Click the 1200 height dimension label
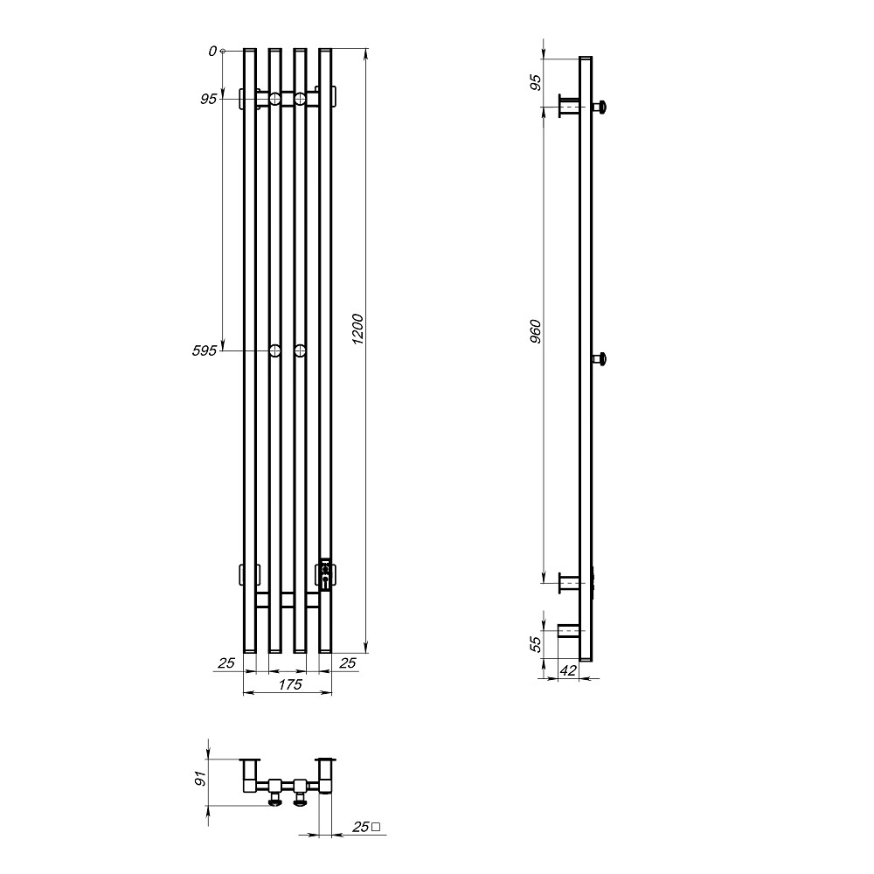tap(357, 329)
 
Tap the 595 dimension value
tap(204, 351)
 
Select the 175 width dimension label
tap(290, 684)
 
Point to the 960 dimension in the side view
tap(535, 331)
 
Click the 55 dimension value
tap(535, 644)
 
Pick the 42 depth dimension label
tap(567, 670)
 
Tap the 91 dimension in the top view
tap(201, 778)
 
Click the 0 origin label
tap(212, 52)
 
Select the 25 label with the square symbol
tap(366, 827)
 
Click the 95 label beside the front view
tap(209, 100)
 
